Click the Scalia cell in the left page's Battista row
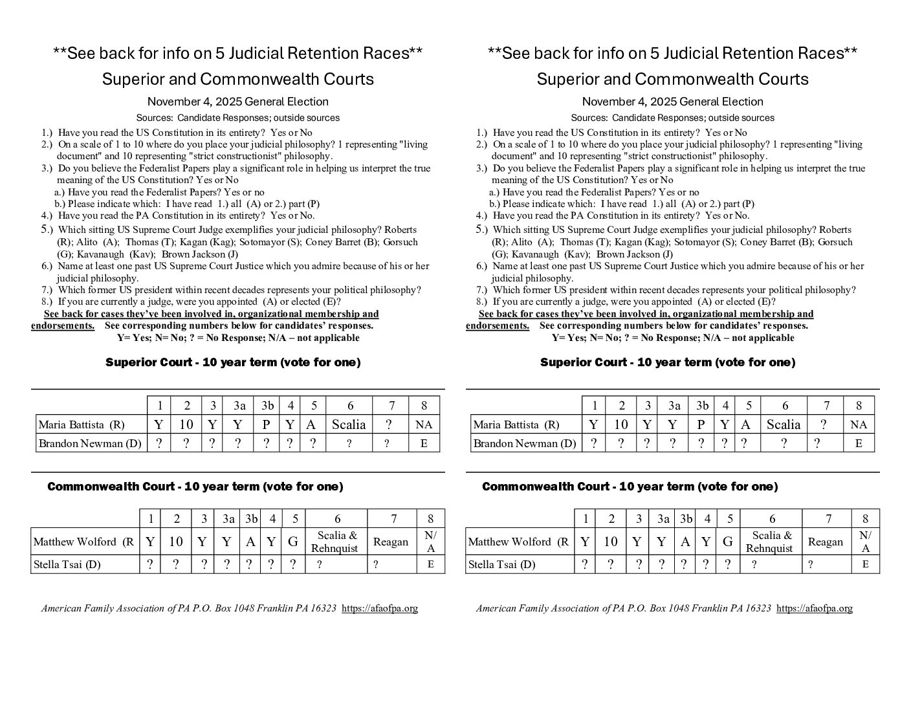click(x=349, y=424)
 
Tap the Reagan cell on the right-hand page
click(x=826, y=542)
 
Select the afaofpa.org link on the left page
click(x=379, y=608)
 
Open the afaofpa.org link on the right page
click(x=814, y=608)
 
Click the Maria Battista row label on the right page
click(x=516, y=425)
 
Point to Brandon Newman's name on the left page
click(x=90, y=443)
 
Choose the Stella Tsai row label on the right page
click(x=501, y=564)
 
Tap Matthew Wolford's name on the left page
click(x=83, y=542)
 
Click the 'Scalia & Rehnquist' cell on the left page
click(x=335, y=542)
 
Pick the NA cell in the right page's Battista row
click(x=859, y=425)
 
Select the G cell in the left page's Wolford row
click(x=293, y=542)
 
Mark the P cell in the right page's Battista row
click(x=701, y=425)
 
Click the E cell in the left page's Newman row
click(x=424, y=443)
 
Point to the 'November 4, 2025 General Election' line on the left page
click(x=237, y=102)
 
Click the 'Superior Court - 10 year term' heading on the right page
click(x=668, y=362)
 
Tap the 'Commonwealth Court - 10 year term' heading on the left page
click(x=195, y=487)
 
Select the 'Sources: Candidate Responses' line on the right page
click(x=672, y=118)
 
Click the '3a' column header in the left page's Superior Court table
click(x=239, y=406)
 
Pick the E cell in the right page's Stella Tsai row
click(x=865, y=564)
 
